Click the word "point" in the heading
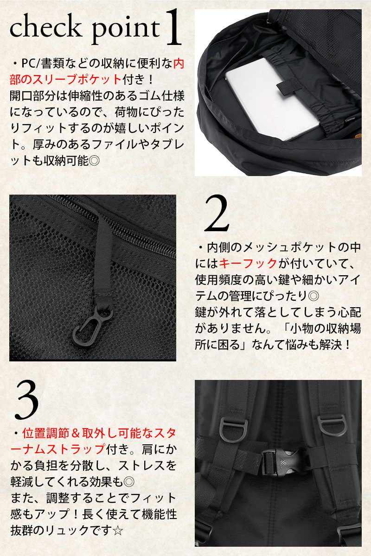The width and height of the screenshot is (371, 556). [126, 31]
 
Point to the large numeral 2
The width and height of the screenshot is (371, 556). [217, 214]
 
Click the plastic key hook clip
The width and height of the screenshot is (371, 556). [91, 325]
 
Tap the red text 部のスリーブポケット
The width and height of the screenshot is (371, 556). [65, 79]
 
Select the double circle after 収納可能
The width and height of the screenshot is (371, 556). [94, 161]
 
